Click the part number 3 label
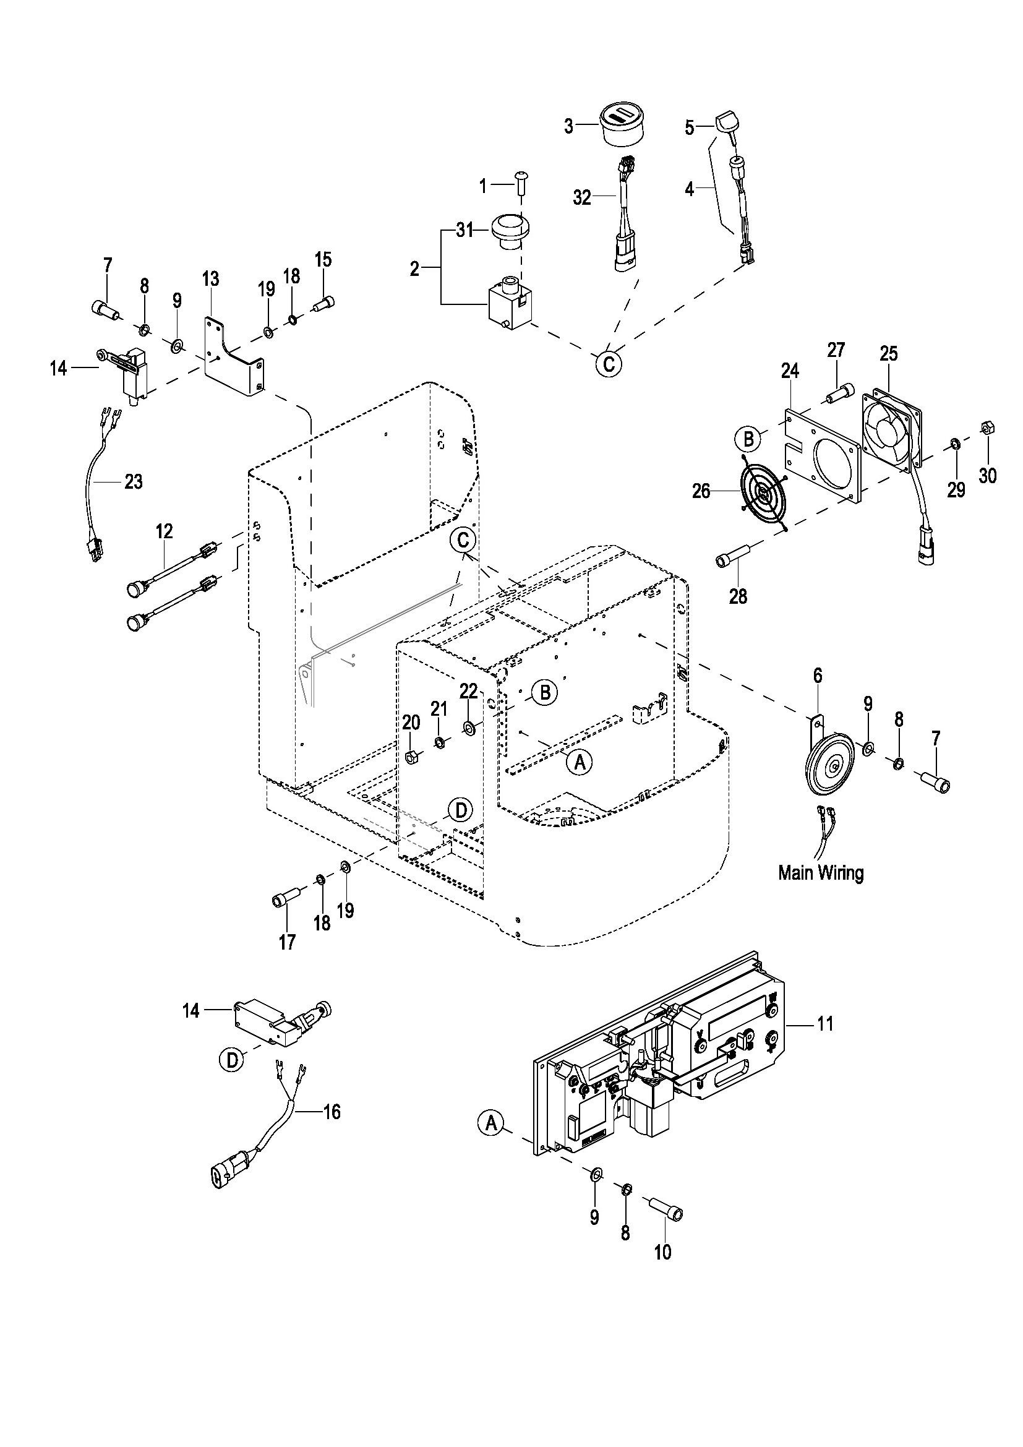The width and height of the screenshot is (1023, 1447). (x=569, y=127)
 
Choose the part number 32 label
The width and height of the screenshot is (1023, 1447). (x=582, y=198)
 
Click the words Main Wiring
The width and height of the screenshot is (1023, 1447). (x=821, y=873)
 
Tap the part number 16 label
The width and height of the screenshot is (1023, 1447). (x=332, y=1112)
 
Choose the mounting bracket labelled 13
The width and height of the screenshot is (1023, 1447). (x=234, y=356)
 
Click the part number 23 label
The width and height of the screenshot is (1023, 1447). (x=134, y=482)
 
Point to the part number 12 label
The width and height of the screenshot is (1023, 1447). (x=164, y=531)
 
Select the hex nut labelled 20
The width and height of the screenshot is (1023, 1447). (x=412, y=756)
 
